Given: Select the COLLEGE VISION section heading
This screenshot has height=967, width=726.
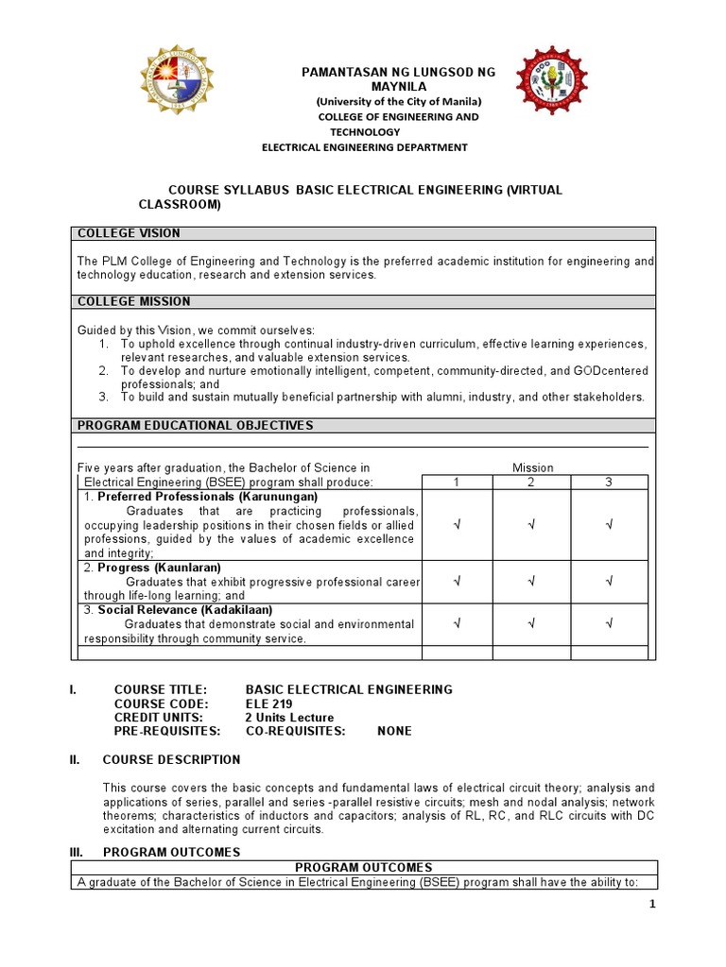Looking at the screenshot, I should pos(129,233).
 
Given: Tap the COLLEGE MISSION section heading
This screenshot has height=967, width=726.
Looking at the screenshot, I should pos(133,301).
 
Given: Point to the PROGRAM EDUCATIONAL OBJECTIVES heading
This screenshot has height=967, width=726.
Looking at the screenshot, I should pos(195,426).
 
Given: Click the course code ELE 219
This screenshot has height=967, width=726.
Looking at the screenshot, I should pos(268,704).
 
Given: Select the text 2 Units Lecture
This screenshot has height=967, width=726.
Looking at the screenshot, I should pos(289,718).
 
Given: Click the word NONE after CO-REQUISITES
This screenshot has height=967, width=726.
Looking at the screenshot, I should pos(394,731).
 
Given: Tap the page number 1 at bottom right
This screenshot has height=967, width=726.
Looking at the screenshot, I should pos(651,904).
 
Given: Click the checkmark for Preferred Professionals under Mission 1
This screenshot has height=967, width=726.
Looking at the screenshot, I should pos(457,523).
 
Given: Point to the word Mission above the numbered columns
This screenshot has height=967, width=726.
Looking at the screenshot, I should pos(533,467).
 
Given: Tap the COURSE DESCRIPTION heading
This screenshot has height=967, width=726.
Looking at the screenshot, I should pos(171,759).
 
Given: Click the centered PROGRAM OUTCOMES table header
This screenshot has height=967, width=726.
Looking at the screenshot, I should pos(363,868).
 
